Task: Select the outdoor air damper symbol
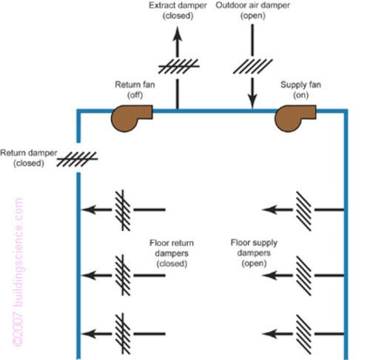pyautogui.click(x=253, y=63)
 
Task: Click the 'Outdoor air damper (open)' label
pyautogui.click(x=253, y=11)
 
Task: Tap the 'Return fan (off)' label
pyautogui.click(x=132, y=90)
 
